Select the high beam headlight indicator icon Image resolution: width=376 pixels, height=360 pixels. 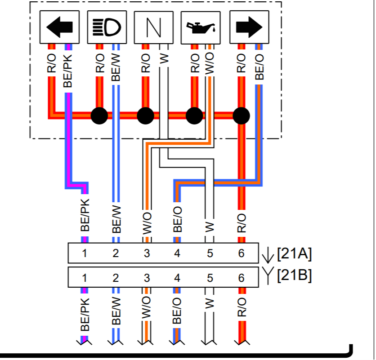[x=107, y=28]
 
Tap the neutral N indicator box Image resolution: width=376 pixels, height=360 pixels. [x=153, y=28]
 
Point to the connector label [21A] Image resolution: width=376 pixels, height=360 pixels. [x=294, y=254]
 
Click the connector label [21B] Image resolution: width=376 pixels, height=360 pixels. [x=294, y=275]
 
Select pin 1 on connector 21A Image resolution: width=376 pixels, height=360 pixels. [x=85, y=254]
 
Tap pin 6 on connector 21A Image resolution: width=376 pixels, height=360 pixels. [x=242, y=254]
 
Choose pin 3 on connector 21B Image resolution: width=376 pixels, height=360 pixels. [x=147, y=278]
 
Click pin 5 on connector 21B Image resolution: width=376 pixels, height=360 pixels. [x=210, y=278]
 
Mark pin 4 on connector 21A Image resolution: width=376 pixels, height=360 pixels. [x=177, y=254]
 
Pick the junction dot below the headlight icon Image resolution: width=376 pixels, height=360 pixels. [x=99, y=116]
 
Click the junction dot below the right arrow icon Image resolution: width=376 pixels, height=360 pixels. [x=242, y=116]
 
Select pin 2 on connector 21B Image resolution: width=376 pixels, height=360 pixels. [x=116, y=278]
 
